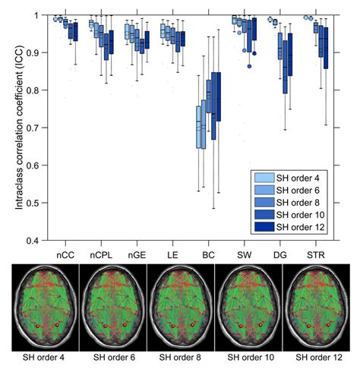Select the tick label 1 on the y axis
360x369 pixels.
pos(40,15)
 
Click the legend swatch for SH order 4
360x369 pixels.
pos(261,178)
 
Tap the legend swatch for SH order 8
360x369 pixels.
pos(261,202)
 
